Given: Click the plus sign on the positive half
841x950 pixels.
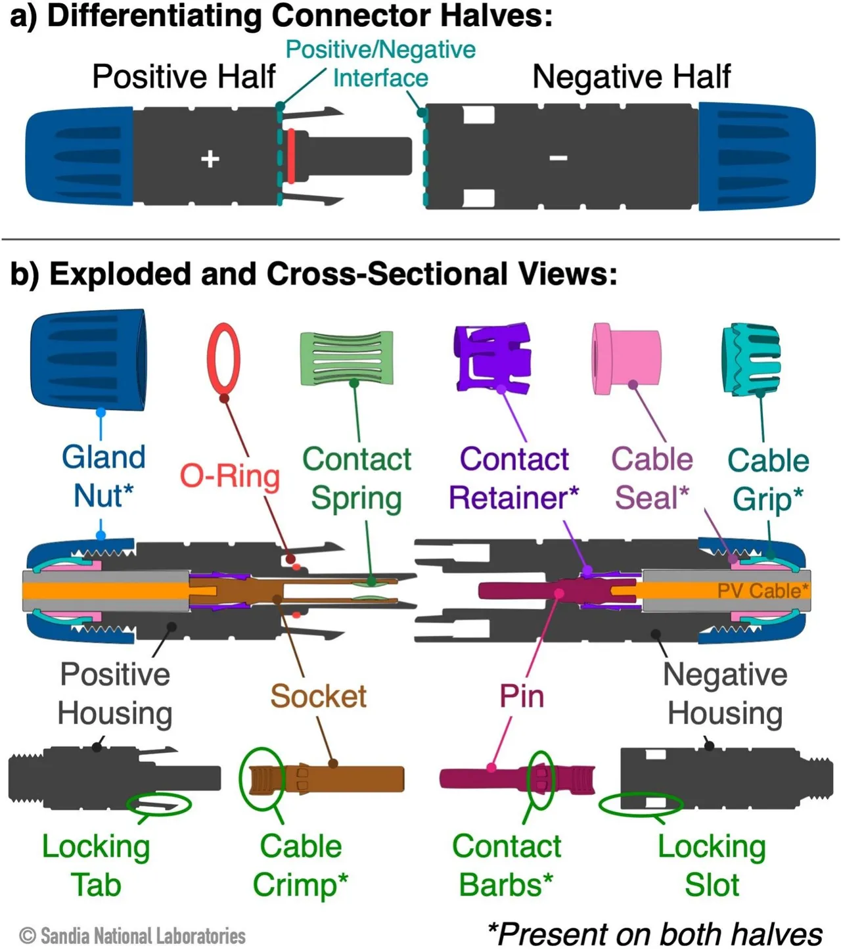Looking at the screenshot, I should (210, 158).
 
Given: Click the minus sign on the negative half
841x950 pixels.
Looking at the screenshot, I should (558, 158).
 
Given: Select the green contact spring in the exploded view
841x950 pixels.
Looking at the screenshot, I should (346, 357).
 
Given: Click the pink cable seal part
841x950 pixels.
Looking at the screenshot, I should (627, 358).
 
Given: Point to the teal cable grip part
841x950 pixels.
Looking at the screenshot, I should (751, 359).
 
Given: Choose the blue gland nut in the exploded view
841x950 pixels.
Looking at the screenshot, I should (88, 360).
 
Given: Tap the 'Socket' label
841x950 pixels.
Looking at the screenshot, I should (319, 696).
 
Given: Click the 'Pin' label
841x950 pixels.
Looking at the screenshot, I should (522, 696).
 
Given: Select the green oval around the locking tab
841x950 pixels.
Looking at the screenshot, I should (158, 804).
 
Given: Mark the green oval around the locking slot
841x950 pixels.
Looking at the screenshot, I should (641, 804).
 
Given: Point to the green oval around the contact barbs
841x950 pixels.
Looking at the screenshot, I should (541, 779).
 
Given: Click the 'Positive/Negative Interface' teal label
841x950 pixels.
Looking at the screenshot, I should (380, 64).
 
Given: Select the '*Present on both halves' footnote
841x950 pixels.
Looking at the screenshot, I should (654, 934).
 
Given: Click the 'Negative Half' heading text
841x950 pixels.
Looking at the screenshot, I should (631, 76).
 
